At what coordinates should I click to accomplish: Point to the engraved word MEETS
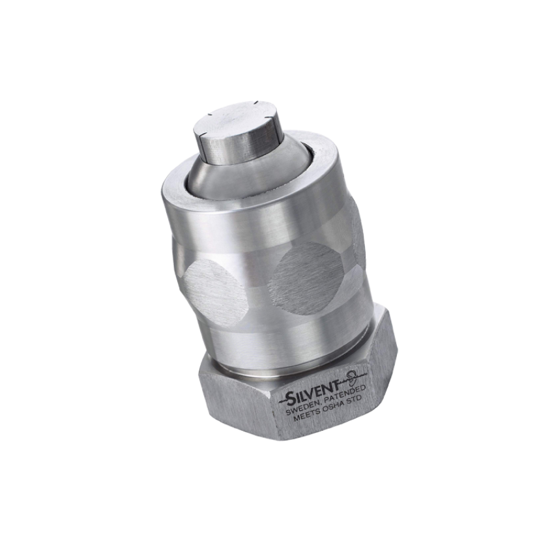point(307,418)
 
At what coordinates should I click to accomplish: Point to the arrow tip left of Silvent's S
point(280,402)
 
